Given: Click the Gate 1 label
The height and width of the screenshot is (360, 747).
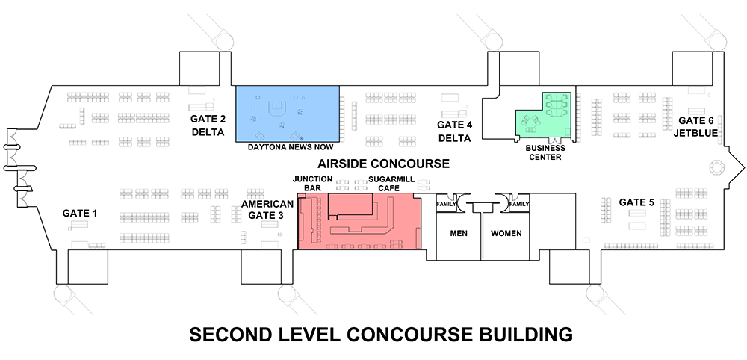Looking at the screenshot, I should [80, 214].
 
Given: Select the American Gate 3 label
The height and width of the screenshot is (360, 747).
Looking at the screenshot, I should [262, 208].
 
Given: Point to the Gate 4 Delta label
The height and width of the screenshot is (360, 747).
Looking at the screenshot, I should [454, 131].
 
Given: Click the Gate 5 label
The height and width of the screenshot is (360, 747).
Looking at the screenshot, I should [636, 202].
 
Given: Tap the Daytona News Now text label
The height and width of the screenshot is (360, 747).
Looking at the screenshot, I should [288, 147].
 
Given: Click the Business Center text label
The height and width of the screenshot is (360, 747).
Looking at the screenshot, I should [545, 152].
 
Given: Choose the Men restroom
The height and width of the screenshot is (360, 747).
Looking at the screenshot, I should [459, 234].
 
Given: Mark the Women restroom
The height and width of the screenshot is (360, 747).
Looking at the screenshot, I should [506, 234].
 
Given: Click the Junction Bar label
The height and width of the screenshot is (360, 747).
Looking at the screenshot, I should [307, 184].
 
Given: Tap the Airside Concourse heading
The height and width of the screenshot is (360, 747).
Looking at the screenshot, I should [383, 164].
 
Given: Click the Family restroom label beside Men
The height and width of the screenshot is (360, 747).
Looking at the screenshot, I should [446, 204].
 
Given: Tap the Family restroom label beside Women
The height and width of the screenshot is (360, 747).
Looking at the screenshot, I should [518, 204].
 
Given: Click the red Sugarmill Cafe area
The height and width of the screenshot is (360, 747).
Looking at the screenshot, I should [388, 224].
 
